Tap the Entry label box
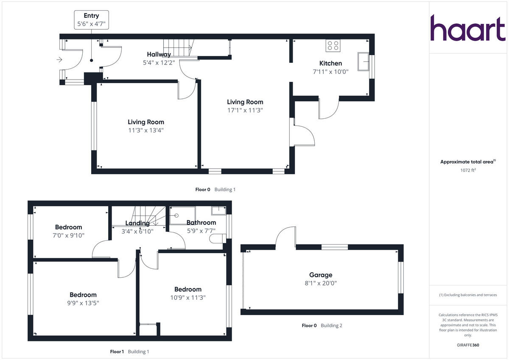[x=91, y=20]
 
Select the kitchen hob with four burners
[x=333, y=45]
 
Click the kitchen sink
[x=363, y=61]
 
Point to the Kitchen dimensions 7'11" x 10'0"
[x=330, y=72]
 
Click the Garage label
[x=321, y=275]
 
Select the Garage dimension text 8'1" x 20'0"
[x=321, y=283]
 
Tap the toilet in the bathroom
[x=217, y=238]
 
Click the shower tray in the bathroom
[x=182, y=215]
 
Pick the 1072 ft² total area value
[x=468, y=170]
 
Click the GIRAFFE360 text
[x=468, y=345]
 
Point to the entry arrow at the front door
[x=59, y=60]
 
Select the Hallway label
[x=159, y=54]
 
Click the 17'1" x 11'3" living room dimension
[x=245, y=110]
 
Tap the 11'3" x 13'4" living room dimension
[x=146, y=130]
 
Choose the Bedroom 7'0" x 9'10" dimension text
[x=68, y=235]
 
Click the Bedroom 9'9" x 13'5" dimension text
[x=83, y=303]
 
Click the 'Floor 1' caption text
[x=117, y=352]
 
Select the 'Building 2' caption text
[x=331, y=326]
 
